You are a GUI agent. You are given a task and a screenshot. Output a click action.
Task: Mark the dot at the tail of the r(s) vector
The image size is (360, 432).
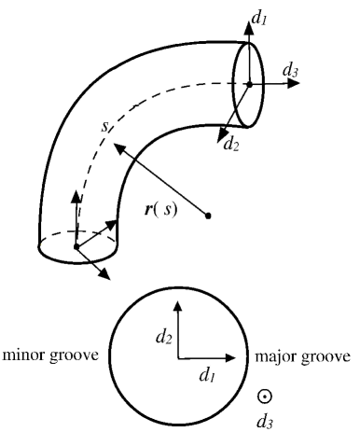[x=208, y=216]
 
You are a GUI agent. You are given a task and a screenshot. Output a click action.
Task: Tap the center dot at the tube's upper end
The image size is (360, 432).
[x=249, y=82]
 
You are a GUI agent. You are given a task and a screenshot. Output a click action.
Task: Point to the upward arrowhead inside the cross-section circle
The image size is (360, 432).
[x=175, y=305]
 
